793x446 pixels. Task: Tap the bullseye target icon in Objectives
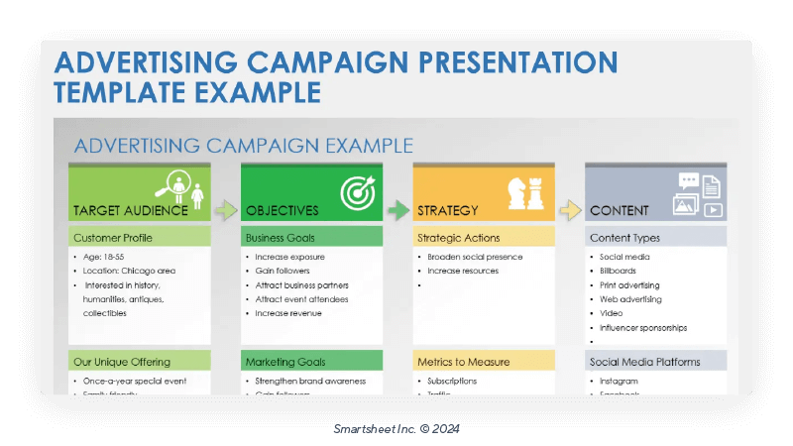click(356, 191)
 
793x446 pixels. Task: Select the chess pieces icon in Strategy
click(524, 192)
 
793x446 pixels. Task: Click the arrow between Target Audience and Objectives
click(226, 210)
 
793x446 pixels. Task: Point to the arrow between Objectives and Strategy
click(397, 210)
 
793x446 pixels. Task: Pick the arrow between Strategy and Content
click(570, 210)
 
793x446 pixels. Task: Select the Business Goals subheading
click(280, 238)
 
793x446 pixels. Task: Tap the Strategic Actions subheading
click(458, 238)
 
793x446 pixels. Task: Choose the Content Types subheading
click(624, 238)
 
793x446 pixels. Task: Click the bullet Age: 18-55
click(105, 257)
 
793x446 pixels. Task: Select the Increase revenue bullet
click(288, 313)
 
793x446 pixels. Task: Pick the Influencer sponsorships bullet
click(643, 327)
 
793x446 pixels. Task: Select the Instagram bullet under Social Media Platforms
click(619, 381)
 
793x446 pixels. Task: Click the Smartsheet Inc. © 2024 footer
click(396, 429)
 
